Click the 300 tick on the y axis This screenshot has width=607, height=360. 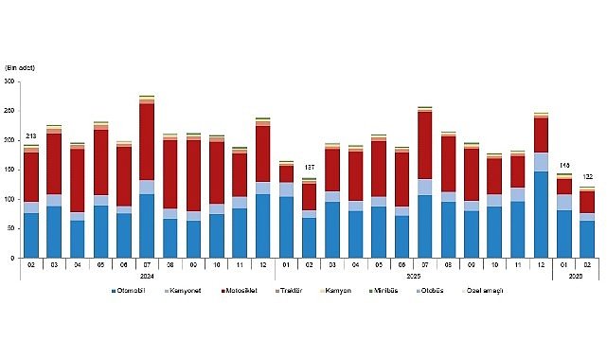[x=11, y=82]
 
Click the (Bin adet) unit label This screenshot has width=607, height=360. [x=21, y=67]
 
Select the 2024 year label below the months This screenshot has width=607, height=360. [x=147, y=277]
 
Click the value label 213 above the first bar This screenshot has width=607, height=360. [x=31, y=137]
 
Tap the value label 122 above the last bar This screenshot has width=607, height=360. [x=587, y=177]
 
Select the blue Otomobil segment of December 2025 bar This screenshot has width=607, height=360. [x=541, y=214]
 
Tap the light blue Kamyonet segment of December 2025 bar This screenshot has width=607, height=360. [x=541, y=162]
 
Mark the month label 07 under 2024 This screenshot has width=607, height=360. [x=147, y=265]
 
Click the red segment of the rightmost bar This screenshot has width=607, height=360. [x=587, y=202]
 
